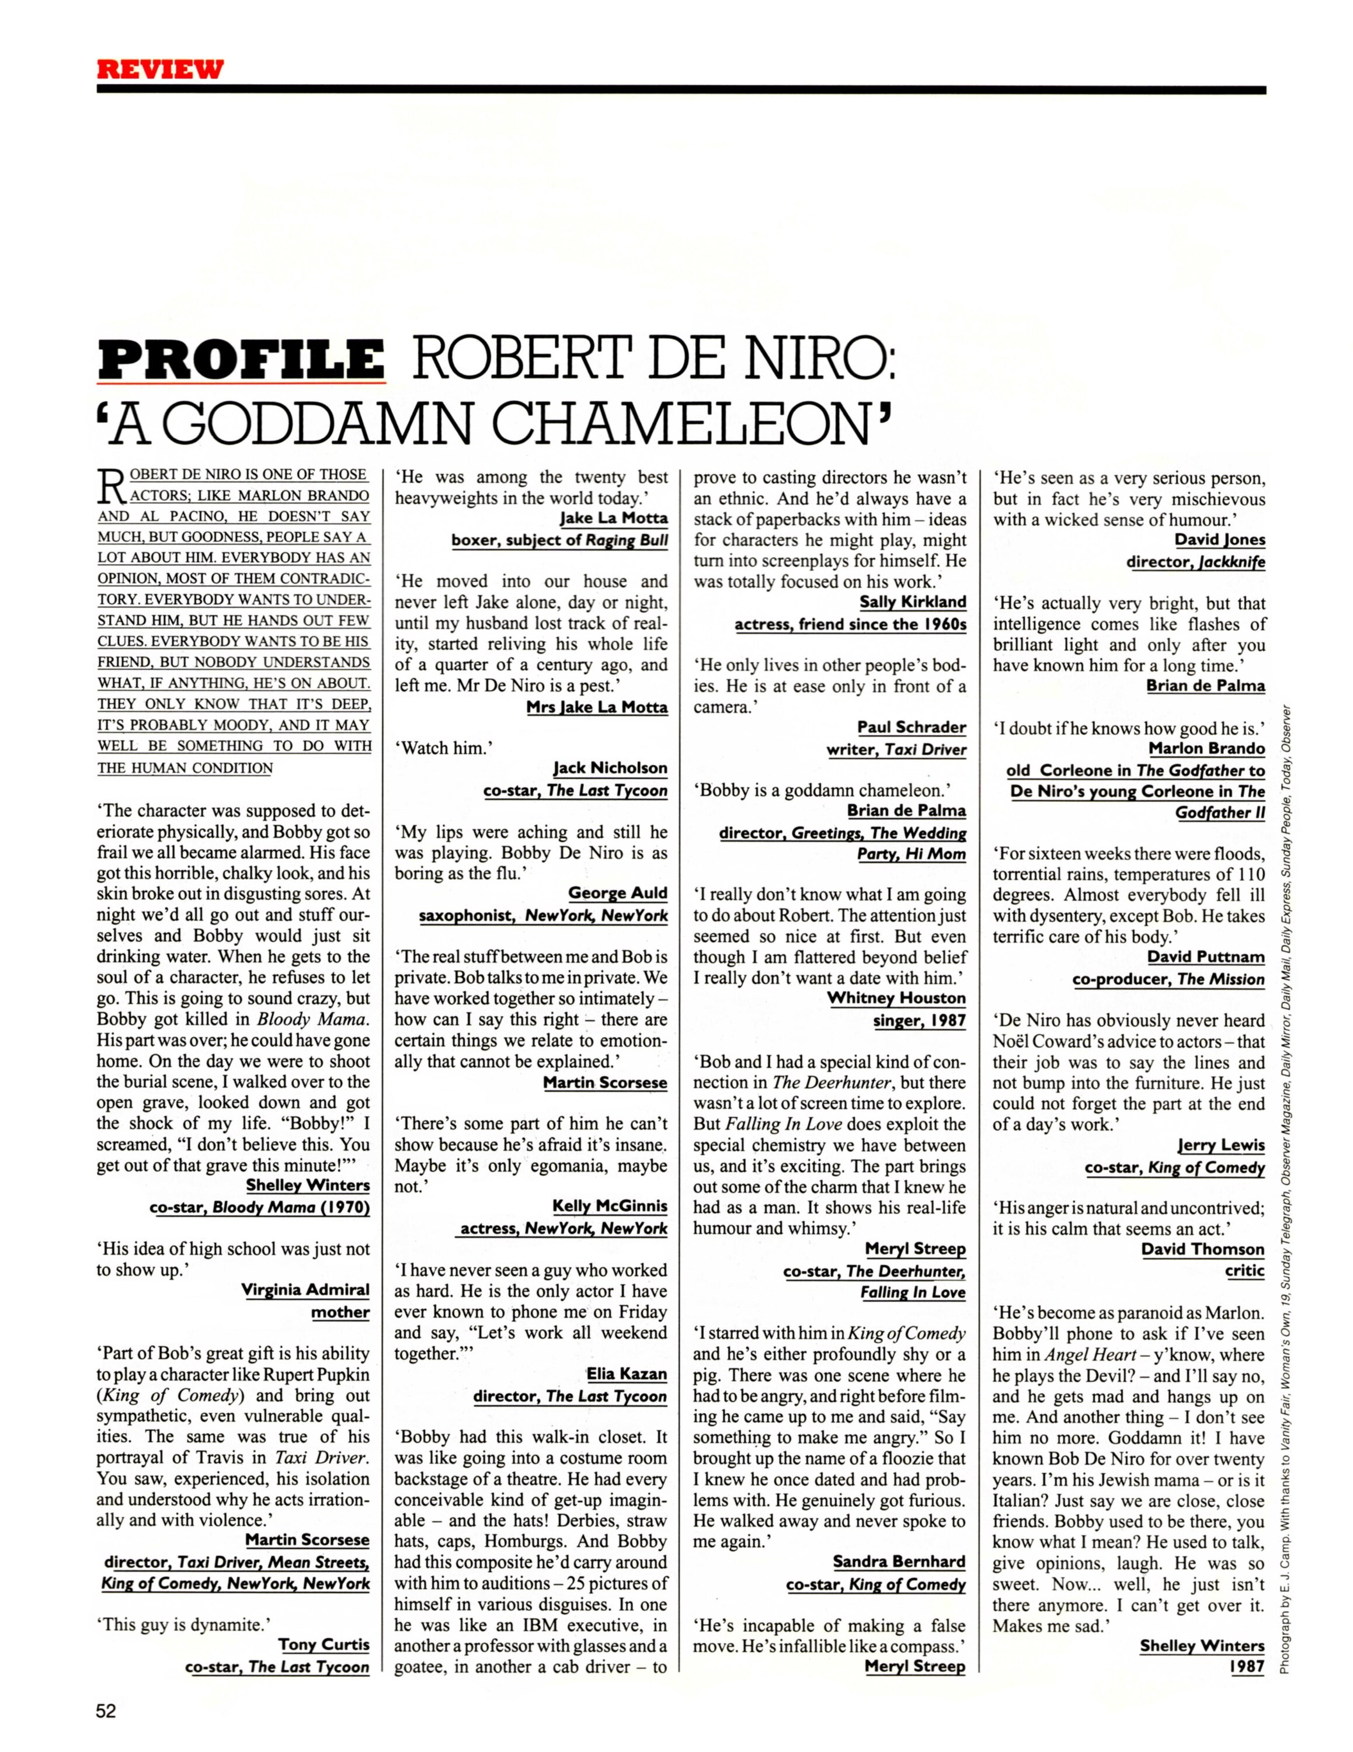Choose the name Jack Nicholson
coord(610,768)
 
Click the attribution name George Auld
coord(618,893)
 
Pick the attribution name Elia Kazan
coord(627,1374)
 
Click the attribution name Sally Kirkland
coord(912,602)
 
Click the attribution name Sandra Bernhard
coord(899,1561)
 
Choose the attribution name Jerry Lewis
coord(1220,1145)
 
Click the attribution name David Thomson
coord(1202,1249)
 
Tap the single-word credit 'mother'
coord(340,1312)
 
